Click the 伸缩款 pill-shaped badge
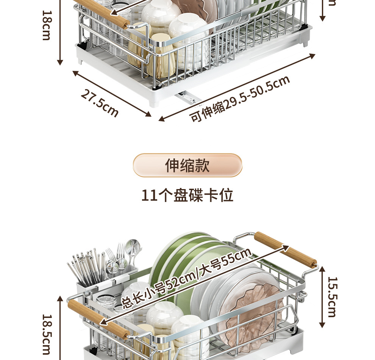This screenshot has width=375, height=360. click(187, 165)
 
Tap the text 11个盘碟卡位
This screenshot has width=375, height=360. click(187, 196)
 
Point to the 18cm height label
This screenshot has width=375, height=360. click(46, 25)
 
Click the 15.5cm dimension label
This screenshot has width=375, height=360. click(332, 297)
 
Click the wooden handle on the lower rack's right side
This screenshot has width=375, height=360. click(285, 249)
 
